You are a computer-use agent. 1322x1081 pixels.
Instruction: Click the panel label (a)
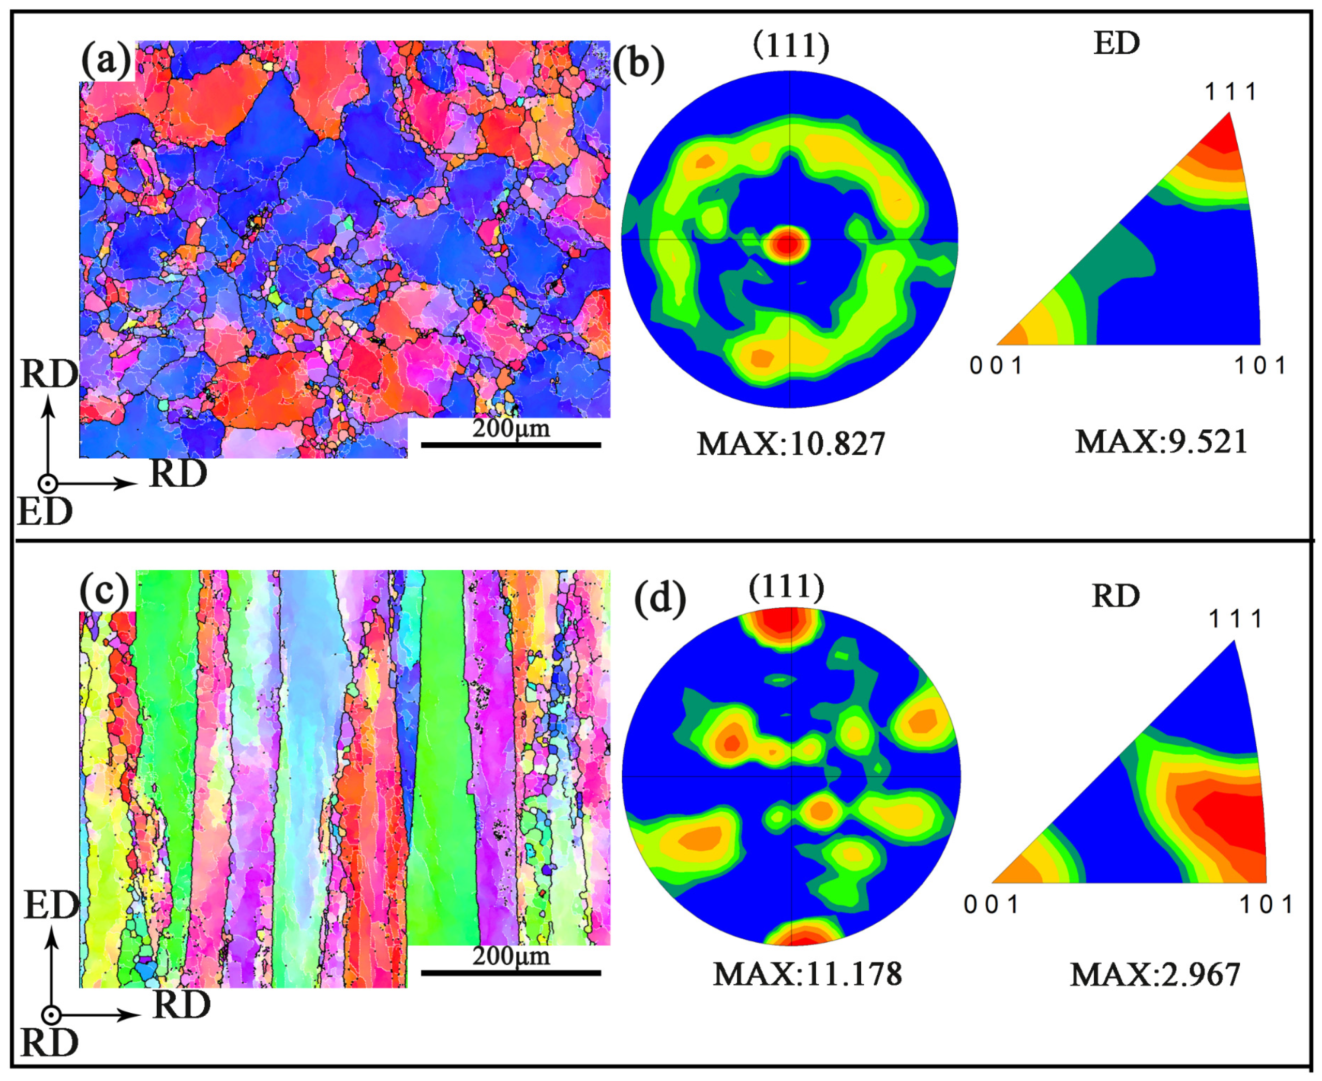(x=107, y=61)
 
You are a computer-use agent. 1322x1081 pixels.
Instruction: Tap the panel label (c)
(x=104, y=589)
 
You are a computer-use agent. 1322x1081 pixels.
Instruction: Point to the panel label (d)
(x=659, y=598)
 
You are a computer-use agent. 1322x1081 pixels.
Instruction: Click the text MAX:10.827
(x=790, y=444)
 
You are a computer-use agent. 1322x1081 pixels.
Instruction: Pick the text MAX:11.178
(x=806, y=974)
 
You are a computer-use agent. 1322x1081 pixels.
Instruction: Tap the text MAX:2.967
(x=1154, y=974)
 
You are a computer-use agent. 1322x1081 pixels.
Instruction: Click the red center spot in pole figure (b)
(x=788, y=244)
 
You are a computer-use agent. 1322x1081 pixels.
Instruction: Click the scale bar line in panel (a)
(x=510, y=445)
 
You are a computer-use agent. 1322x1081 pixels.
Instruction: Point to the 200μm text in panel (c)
(x=510, y=956)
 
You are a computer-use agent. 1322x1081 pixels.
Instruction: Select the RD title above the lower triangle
(x=1115, y=596)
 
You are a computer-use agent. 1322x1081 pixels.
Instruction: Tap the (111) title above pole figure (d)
(x=787, y=587)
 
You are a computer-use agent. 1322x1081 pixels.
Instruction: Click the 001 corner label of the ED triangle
(x=996, y=366)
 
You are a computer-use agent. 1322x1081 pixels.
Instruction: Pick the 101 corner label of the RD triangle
(x=1266, y=904)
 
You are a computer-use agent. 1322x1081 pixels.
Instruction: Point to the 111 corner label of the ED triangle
(x=1230, y=92)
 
